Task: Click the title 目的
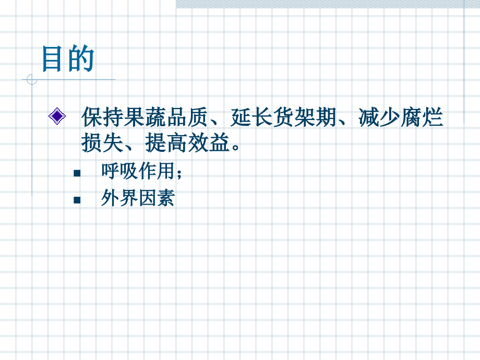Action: pos(68,58)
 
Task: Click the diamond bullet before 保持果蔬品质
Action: pos(56,116)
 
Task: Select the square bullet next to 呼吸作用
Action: pos(77,173)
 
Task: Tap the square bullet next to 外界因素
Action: pos(77,199)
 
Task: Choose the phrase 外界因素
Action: pos(138,199)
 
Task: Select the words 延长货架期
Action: pos(282,118)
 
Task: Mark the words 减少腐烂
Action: pos(401,118)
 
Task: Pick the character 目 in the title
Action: pos(54,58)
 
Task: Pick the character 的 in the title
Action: pos(81,58)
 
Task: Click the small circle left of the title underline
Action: pos(32,79)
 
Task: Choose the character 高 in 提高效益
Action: pos(176,143)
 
